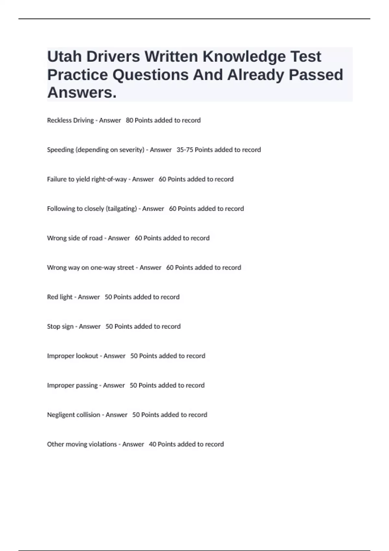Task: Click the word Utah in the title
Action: click(64, 57)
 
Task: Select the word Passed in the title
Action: click(316, 75)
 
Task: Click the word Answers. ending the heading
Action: click(82, 93)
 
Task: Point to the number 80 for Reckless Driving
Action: click(129, 120)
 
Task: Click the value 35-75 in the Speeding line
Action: click(185, 150)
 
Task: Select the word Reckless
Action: click(59, 120)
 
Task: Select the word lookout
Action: click(87, 356)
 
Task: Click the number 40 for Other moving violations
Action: click(152, 444)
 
